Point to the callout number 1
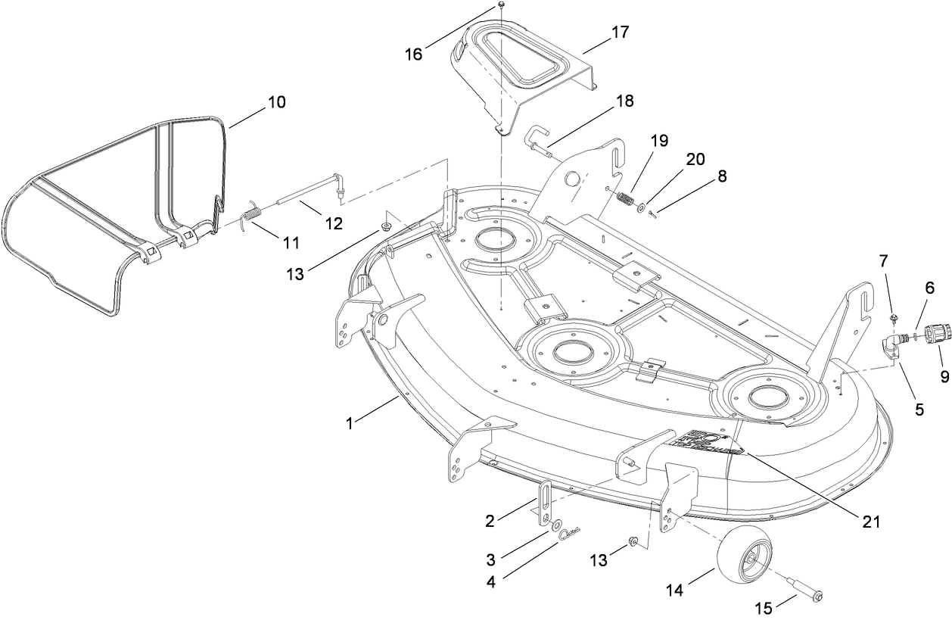pyautogui.click(x=350, y=424)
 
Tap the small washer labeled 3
pyautogui.click(x=555, y=525)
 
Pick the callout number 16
pyautogui.click(x=413, y=55)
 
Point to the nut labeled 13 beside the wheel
pyautogui.click(x=635, y=541)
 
